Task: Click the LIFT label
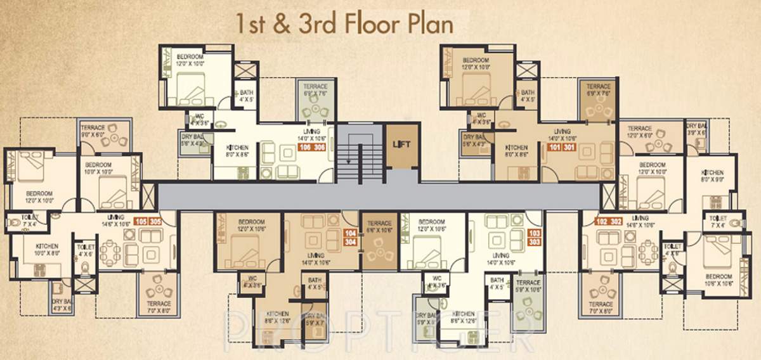(401, 144)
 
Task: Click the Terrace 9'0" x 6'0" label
(93, 131)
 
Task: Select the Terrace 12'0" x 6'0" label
(640, 131)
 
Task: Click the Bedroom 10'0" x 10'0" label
(98, 167)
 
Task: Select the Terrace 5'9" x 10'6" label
(528, 286)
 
